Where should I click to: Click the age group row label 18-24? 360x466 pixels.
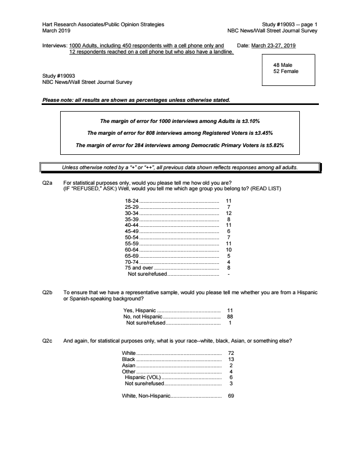point(132,201)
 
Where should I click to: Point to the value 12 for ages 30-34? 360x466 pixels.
point(229,213)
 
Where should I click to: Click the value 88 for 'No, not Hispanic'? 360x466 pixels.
point(230,317)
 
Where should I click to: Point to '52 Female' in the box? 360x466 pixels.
point(286,71)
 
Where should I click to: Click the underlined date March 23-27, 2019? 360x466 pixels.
point(273,45)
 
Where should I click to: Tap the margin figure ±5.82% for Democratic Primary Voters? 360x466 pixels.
point(273,146)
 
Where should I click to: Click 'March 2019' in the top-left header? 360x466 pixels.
point(57,30)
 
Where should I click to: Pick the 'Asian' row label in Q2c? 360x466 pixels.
point(129,365)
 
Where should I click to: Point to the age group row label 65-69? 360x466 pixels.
point(132,256)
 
